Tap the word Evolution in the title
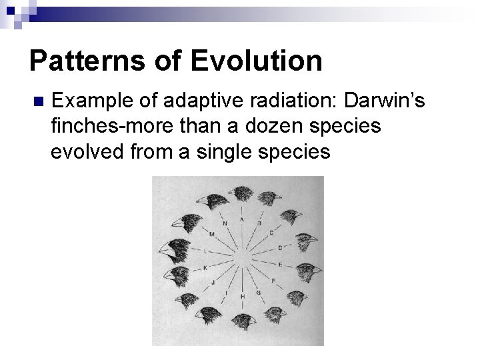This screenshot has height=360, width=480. pyautogui.click(x=257, y=61)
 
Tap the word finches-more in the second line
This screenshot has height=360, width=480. pyautogui.click(x=108, y=127)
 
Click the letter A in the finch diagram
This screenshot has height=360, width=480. pyautogui.click(x=241, y=219)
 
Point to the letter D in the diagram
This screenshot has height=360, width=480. pyautogui.click(x=280, y=247)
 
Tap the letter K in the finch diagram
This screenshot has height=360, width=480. pyautogui.click(x=205, y=267)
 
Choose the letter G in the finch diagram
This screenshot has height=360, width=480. pyautogui.click(x=257, y=292)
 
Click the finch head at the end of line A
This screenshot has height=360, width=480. pyautogui.click(x=242, y=194)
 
